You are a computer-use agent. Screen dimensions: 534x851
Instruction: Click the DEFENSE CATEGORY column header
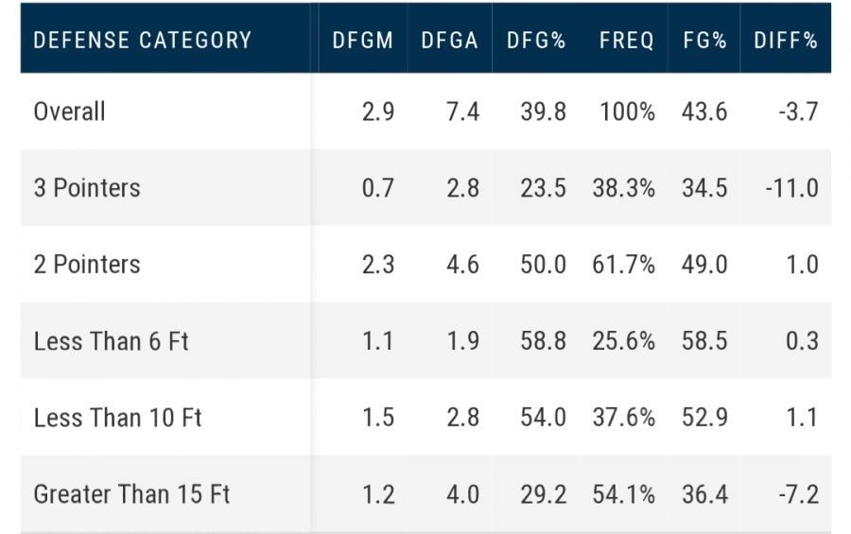tap(143, 40)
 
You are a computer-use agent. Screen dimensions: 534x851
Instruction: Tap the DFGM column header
tap(364, 40)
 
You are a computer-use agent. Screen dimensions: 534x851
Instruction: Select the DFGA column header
tap(451, 40)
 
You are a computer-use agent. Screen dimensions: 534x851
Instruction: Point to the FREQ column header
tap(626, 40)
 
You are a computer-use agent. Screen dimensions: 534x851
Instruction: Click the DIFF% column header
tap(786, 40)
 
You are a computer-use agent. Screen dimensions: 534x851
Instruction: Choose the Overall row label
tap(70, 112)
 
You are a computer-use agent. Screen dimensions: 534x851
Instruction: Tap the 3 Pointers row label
tap(87, 188)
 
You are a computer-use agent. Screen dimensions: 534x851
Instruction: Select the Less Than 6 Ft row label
tap(112, 341)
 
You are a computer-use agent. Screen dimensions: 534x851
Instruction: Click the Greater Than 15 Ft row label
tap(132, 494)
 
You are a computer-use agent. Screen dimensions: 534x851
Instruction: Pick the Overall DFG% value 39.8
tap(543, 112)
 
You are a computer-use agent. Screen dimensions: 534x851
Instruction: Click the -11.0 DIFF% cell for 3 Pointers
tap(791, 188)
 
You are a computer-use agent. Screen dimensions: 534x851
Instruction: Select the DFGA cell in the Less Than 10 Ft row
tap(462, 418)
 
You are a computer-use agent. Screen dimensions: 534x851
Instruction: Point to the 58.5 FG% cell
tap(704, 341)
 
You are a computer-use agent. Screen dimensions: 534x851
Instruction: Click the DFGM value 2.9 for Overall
tap(377, 112)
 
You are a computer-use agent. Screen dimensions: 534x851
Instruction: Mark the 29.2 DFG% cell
tap(543, 494)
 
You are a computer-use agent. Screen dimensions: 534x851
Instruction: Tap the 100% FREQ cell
tap(626, 112)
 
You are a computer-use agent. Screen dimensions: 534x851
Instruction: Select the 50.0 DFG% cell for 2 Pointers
tap(543, 265)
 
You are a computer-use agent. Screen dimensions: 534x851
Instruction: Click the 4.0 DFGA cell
tap(462, 494)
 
